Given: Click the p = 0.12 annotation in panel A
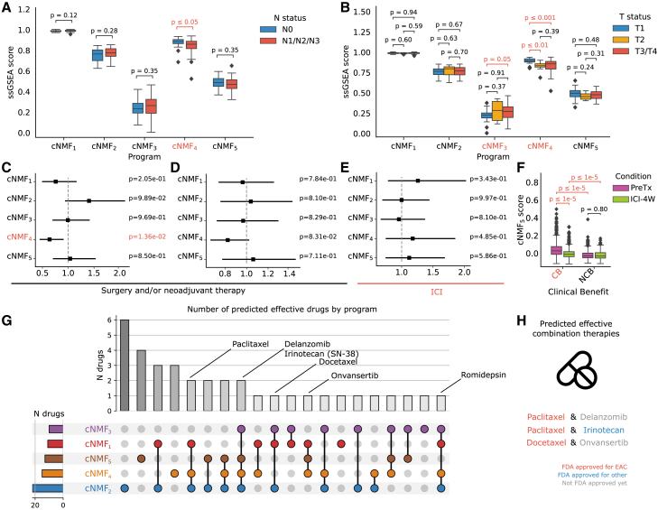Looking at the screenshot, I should pyautogui.click(x=60, y=15).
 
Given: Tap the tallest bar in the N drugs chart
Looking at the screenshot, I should pyautogui.click(x=124, y=360).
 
